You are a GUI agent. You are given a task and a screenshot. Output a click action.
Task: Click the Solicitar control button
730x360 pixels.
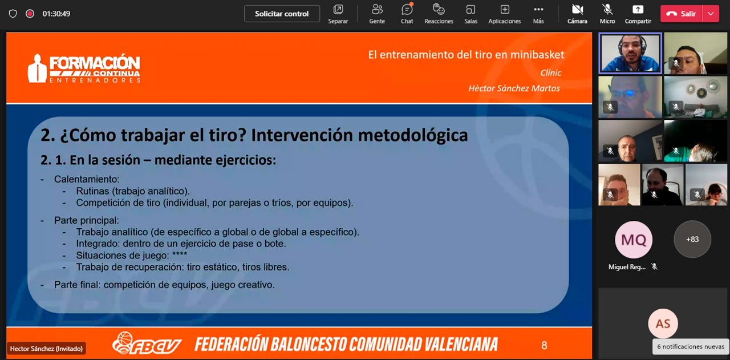tap(282, 14)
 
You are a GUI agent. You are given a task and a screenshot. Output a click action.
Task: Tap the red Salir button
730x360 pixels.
tap(681, 14)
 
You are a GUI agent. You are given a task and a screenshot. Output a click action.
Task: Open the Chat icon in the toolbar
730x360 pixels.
tap(407, 10)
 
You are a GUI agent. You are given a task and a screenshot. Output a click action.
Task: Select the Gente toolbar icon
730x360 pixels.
tap(377, 10)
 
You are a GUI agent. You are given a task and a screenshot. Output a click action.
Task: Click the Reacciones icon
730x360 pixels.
tap(439, 10)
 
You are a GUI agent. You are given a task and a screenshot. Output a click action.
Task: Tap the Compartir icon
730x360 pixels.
tap(638, 10)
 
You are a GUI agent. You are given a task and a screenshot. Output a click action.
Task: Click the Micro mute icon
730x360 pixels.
tap(607, 10)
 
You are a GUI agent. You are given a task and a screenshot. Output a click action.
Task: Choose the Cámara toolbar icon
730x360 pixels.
tap(577, 10)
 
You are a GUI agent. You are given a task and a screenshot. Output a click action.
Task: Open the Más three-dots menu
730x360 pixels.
tap(538, 10)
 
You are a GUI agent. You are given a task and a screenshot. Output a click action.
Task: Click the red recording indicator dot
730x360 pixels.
tap(30, 14)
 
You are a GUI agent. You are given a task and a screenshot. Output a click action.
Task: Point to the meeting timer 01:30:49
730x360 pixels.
tap(56, 14)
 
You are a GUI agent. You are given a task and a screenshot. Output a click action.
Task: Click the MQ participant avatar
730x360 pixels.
tap(634, 240)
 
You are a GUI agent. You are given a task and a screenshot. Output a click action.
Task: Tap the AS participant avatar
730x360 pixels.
tap(663, 323)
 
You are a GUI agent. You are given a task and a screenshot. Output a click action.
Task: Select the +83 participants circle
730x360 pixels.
tap(692, 240)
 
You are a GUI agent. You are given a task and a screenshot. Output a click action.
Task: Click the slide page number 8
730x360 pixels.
tap(544, 345)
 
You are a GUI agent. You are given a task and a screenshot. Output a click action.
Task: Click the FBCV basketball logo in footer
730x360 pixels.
tap(147, 343)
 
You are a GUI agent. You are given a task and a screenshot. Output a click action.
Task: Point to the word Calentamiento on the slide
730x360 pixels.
tap(87, 179)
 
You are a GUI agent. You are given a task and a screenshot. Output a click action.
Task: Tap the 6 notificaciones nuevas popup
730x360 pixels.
tap(690, 347)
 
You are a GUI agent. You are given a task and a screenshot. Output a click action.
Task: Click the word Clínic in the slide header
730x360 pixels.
tap(551, 72)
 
